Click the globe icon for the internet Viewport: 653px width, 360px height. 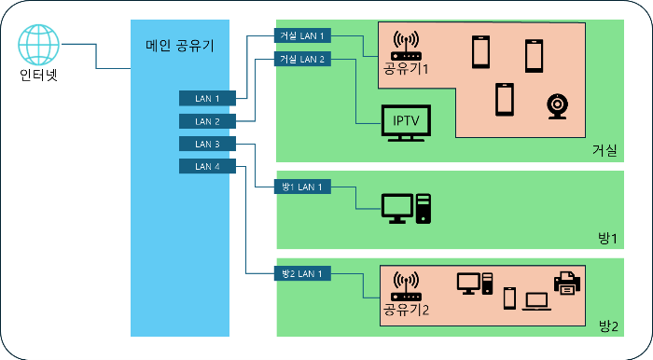pyautogui.click(x=39, y=43)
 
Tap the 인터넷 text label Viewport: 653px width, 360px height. pyautogui.click(x=39, y=76)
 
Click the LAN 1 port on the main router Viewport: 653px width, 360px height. pyautogui.click(x=207, y=98)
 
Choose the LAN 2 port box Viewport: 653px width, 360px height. pyautogui.click(x=207, y=121)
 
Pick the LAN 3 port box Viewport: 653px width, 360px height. pyautogui.click(x=207, y=144)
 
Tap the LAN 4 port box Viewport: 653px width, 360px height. pyautogui.click(x=207, y=166)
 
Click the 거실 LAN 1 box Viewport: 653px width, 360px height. pyautogui.click(x=302, y=35)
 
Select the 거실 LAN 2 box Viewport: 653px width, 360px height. pyautogui.click(x=302, y=59)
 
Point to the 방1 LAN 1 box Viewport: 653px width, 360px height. pyautogui.click(x=302, y=187)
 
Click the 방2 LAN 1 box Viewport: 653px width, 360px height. pyautogui.click(x=302, y=273)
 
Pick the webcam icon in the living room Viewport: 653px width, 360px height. pyautogui.click(x=557, y=106)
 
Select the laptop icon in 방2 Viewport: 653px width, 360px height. pyautogui.click(x=537, y=300)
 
